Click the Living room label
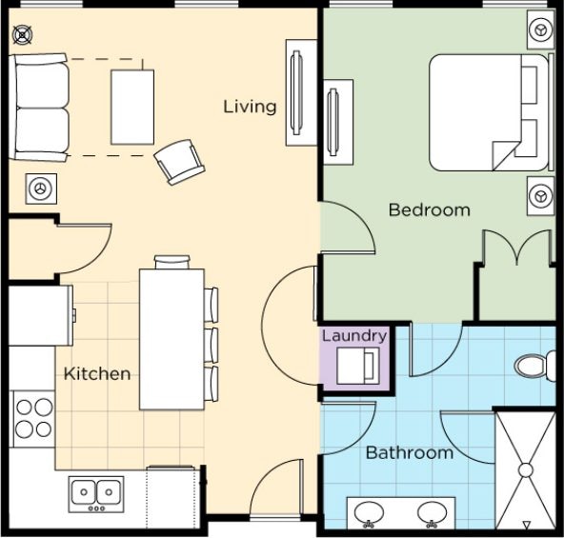coord(250,107)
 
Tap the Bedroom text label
coord(429,209)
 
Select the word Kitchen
coord(97,374)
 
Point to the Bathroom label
coord(410,452)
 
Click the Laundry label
coord(354,336)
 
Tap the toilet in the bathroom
coord(535,366)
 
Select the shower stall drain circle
coord(526,470)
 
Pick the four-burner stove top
coord(34,419)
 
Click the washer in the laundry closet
coord(358,366)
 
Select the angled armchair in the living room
coord(179,162)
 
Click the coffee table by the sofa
coord(132,108)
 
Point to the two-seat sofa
coord(39,108)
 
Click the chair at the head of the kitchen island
coord(171,262)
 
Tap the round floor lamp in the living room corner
coord(23,35)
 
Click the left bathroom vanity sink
coord(369,513)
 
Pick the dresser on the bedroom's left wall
coord(338,122)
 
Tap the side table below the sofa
coord(41,189)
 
